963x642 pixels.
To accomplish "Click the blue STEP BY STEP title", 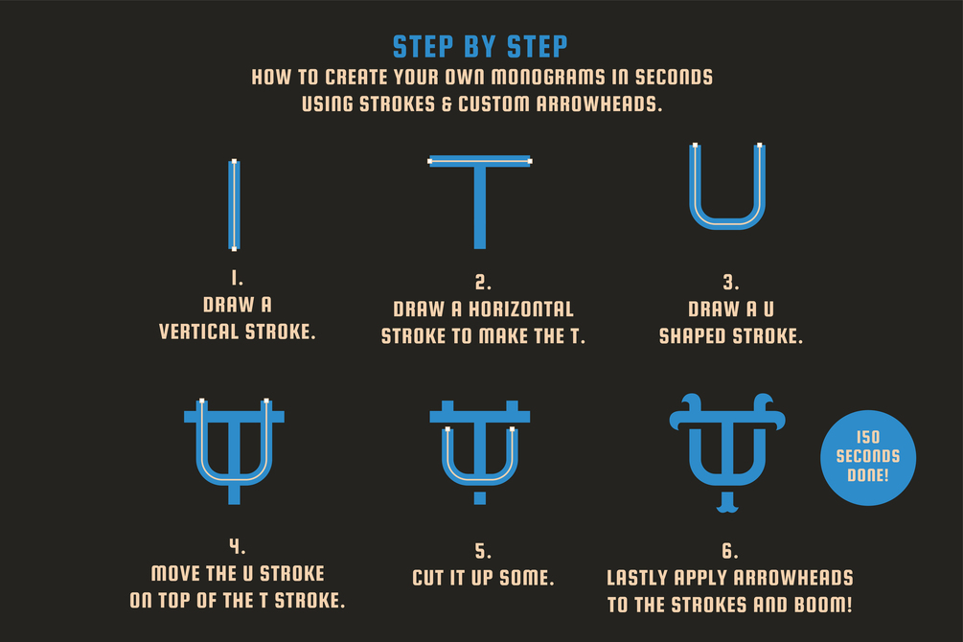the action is pos(480,47).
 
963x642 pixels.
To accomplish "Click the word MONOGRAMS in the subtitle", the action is pos(548,78).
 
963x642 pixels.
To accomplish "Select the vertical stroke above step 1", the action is pos(234,205).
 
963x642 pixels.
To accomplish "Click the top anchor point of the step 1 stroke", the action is pos(234,162).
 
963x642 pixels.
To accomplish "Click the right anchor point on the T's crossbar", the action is pos(530,162).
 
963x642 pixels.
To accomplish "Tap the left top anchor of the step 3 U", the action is pos(696,146).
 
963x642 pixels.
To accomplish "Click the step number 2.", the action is pos(483,283).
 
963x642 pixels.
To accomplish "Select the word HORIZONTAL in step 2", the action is pos(521,309).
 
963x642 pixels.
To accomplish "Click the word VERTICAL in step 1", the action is pos(198,332).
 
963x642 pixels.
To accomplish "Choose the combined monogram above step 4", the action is pos(234,451).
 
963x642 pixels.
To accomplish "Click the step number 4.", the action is pos(237,546).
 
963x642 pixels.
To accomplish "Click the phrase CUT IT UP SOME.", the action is pos(483,578).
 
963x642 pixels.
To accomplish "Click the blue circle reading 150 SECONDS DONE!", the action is pos(868,458).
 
